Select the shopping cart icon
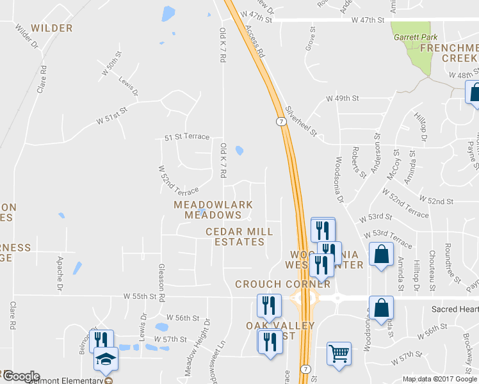point(339,353)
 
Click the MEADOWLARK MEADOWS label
point(213,210)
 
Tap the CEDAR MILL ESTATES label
point(239,237)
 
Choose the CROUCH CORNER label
point(283,284)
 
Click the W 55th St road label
point(140,297)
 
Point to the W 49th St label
point(342,99)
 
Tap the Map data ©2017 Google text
point(439,379)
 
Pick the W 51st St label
point(109,119)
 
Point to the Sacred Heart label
point(455,308)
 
